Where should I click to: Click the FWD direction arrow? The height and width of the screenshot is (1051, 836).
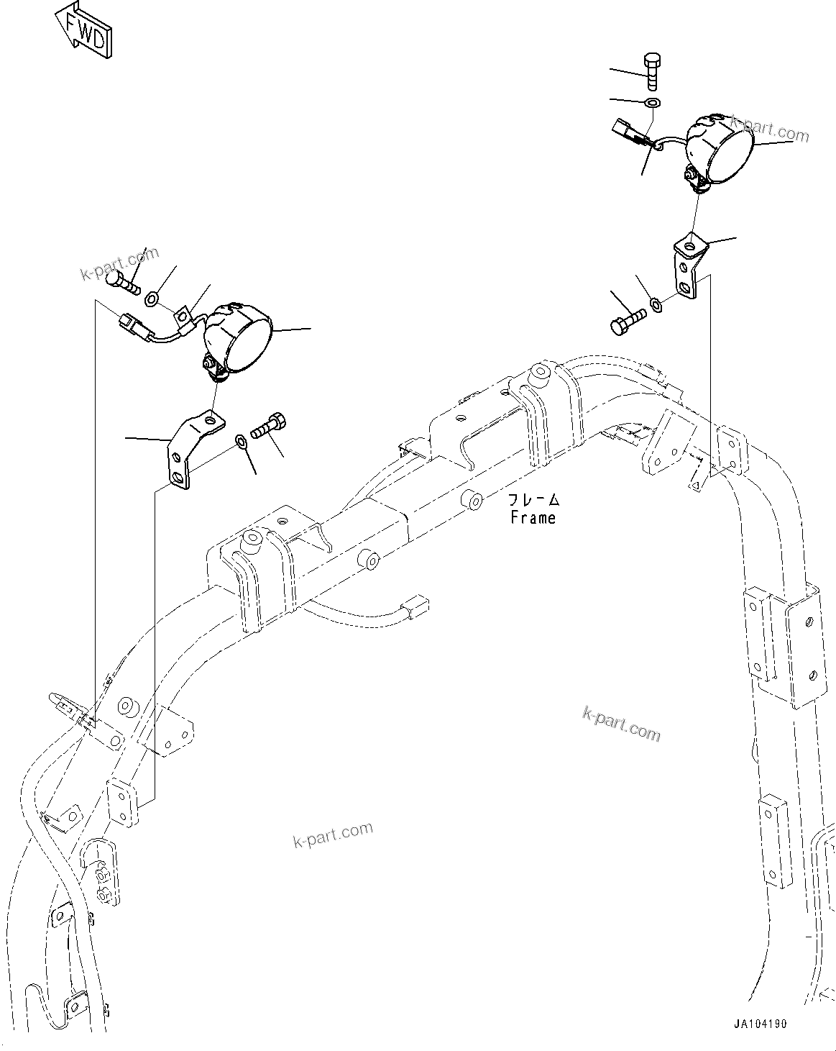85,29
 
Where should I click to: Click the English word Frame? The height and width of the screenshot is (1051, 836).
533,517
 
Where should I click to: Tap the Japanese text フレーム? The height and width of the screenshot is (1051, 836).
533,499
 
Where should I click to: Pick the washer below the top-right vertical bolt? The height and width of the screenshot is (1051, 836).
653,104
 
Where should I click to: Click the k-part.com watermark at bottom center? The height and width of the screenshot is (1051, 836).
333,834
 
